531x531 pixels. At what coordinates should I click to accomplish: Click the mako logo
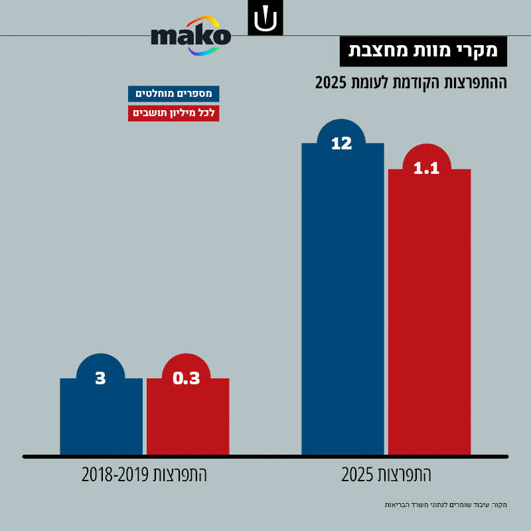pyautogui.click(x=190, y=37)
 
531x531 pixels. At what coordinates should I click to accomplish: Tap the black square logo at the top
pyautogui.click(x=265, y=19)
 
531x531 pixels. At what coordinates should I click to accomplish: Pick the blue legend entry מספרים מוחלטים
pyautogui.click(x=173, y=94)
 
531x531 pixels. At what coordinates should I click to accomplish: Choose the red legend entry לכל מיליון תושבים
pyautogui.click(x=173, y=113)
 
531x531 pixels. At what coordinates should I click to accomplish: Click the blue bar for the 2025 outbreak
pyautogui.click(x=342, y=299)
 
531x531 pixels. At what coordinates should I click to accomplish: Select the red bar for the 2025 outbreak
pyautogui.click(x=429, y=312)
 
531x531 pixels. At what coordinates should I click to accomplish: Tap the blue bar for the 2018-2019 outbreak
pyautogui.click(x=101, y=418)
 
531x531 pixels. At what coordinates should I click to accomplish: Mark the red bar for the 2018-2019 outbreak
pyautogui.click(x=187, y=418)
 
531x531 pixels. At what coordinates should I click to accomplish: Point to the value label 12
pyautogui.click(x=341, y=143)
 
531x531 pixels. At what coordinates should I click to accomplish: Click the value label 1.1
pyautogui.click(x=426, y=169)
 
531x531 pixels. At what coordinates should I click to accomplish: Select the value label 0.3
pyautogui.click(x=186, y=378)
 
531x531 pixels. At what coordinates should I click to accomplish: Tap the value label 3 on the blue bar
pyautogui.click(x=100, y=378)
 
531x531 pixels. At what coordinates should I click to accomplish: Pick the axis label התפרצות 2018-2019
pyautogui.click(x=145, y=475)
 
